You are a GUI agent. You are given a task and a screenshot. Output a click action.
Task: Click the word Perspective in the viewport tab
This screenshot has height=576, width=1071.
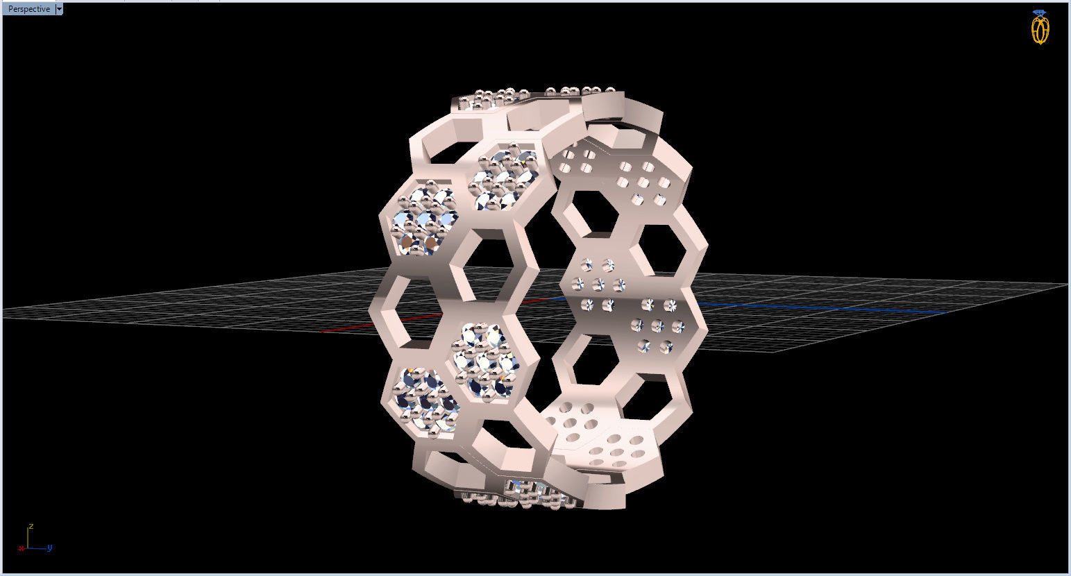point(28,9)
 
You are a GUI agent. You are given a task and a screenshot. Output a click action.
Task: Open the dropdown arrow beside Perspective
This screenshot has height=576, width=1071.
point(59,9)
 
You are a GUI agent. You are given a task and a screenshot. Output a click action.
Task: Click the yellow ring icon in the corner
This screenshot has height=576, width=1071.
point(1039,30)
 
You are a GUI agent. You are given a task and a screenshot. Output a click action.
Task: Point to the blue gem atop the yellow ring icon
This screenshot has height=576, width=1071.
point(1039,12)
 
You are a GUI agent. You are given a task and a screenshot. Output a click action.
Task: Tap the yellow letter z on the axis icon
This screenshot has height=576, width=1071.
point(31,526)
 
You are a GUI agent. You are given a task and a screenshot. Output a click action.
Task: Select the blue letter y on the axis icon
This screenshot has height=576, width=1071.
point(50,548)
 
